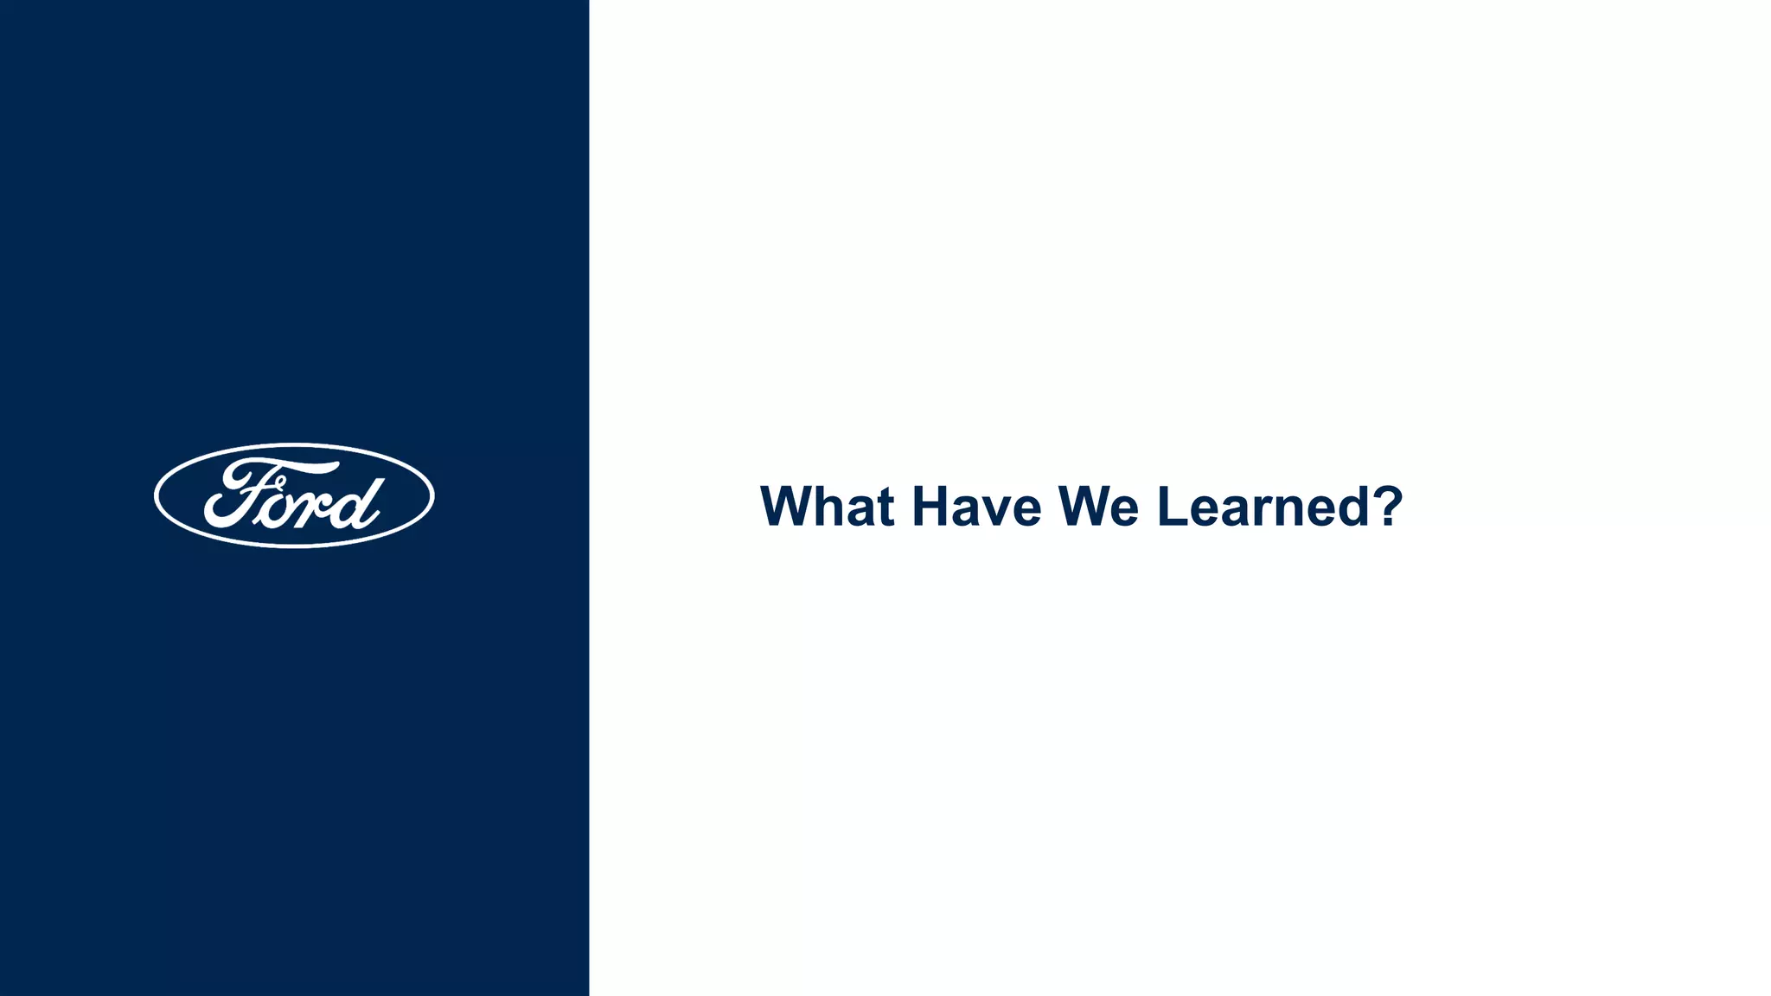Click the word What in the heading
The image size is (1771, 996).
pos(827,507)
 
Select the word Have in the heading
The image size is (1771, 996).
pos(976,507)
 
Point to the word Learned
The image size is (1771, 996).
pos(1263,507)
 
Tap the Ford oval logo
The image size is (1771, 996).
pos(294,495)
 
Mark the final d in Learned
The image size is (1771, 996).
pos(1352,507)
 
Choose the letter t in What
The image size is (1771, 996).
pos(884,508)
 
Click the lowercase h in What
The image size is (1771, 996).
pos(828,507)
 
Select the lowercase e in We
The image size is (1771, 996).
pos(1122,512)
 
